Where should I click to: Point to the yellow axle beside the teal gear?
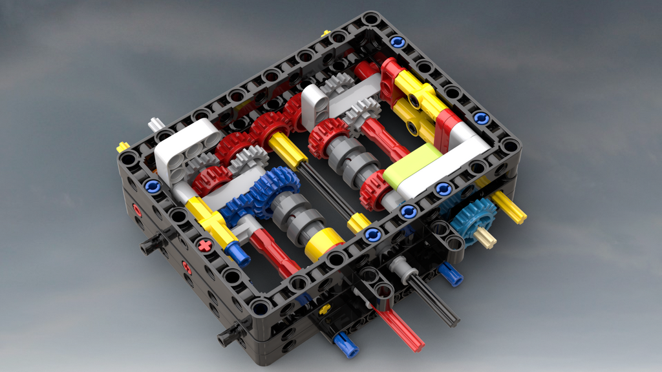tap(509, 209)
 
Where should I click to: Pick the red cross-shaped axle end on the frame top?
tap(205, 245)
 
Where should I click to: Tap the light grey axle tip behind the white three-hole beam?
tap(155, 123)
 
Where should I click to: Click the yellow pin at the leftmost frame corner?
tap(122, 147)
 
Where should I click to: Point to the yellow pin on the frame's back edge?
tap(325, 33)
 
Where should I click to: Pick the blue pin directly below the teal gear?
tap(451, 274)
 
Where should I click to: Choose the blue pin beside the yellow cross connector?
tap(239, 256)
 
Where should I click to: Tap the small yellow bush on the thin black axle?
tap(358, 223)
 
